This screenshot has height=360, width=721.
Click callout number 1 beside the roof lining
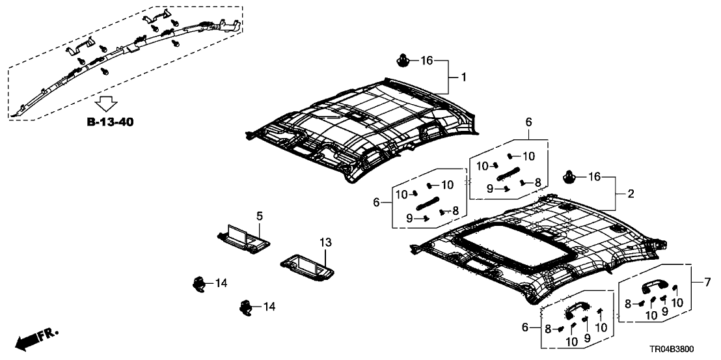click(463, 77)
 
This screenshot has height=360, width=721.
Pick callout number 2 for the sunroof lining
click(630, 194)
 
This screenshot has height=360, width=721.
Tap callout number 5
click(258, 215)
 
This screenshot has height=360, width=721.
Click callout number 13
click(325, 242)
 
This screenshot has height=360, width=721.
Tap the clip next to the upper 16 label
click(401, 62)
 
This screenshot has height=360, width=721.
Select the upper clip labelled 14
click(199, 283)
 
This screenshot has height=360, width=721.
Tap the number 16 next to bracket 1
click(426, 61)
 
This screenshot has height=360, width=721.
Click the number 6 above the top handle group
click(528, 122)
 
